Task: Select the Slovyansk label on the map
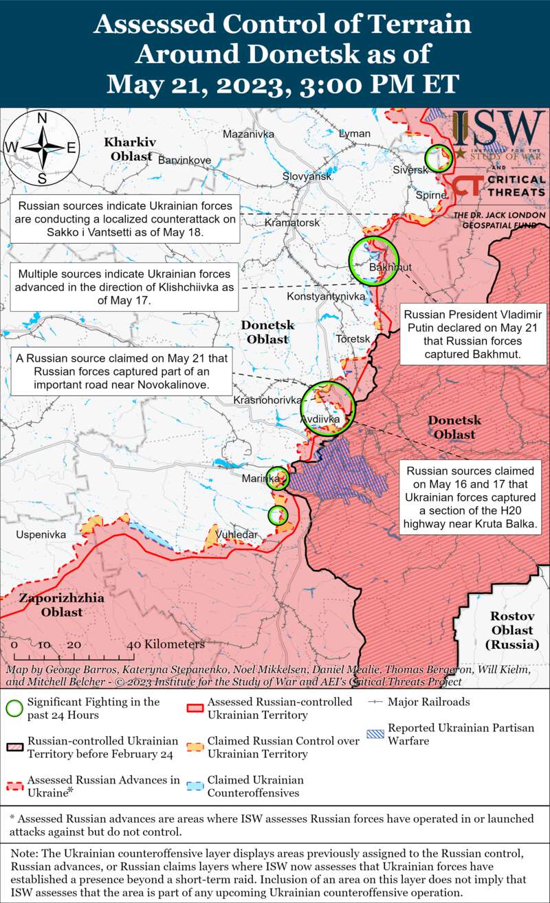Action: click(x=307, y=176)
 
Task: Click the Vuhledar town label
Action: click(x=237, y=534)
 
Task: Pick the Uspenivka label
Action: click(x=41, y=534)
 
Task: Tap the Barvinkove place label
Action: click(x=184, y=160)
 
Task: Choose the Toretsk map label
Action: click(x=353, y=339)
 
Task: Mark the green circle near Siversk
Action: click(x=438, y=157)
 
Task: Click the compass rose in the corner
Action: click(x=42, y=148)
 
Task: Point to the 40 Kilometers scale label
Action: click(x=166, y=645)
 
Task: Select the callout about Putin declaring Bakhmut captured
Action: click(x=474, y=333)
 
